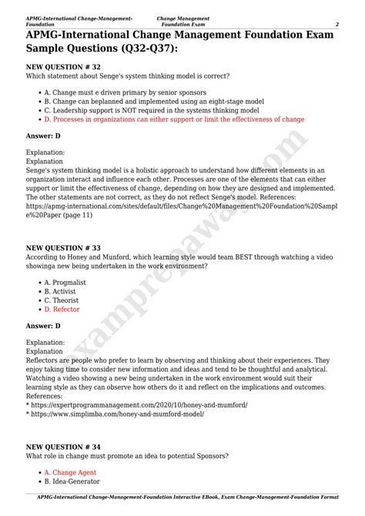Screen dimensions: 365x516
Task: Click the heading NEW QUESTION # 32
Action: (63, 67)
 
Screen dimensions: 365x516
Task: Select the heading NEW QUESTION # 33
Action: (63, 249)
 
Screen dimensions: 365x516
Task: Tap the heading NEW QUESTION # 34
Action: (63, 446)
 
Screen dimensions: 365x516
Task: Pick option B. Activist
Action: (61, 292)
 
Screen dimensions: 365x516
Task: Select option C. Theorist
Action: (62, 300)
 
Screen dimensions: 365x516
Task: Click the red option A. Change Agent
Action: (70, 473)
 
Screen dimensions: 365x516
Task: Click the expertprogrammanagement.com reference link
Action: (139, 404)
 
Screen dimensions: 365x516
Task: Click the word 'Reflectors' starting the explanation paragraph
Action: (45, 360)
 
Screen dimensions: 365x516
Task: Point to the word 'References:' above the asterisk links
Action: (47, 396)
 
